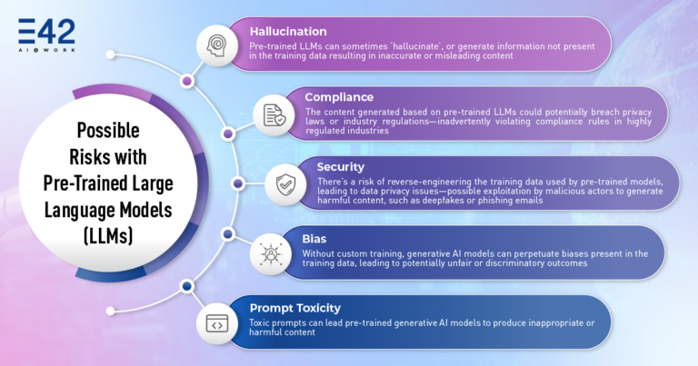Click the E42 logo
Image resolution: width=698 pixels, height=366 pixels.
coord(46,35)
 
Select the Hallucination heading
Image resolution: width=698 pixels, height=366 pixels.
coord(288,32)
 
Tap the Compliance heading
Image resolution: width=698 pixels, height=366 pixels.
coord(339,97)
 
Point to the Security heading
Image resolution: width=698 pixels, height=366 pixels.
coord(341,167)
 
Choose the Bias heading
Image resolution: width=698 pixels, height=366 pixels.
coord(314,239)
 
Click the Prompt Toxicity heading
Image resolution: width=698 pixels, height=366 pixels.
coord(295,308)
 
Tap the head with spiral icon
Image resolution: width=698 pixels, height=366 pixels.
coord(217,45)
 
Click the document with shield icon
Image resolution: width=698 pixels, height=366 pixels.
coord(274,115)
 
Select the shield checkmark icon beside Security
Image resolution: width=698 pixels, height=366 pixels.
coord(285,184)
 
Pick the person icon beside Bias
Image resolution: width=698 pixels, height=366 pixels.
coord(271,254)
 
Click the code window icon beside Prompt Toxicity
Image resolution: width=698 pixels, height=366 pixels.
coord(217,324)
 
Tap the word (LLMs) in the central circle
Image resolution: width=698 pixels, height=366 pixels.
coord(108,236)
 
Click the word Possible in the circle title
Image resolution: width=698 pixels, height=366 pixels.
coord(108,130)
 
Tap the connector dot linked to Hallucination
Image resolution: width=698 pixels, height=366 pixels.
coord(187,81)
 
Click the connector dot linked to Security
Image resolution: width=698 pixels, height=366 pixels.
coord(238,183)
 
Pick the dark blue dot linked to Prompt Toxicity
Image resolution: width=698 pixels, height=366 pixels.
coord(187,286)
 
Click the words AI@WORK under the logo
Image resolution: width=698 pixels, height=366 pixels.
coord(46,50)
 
